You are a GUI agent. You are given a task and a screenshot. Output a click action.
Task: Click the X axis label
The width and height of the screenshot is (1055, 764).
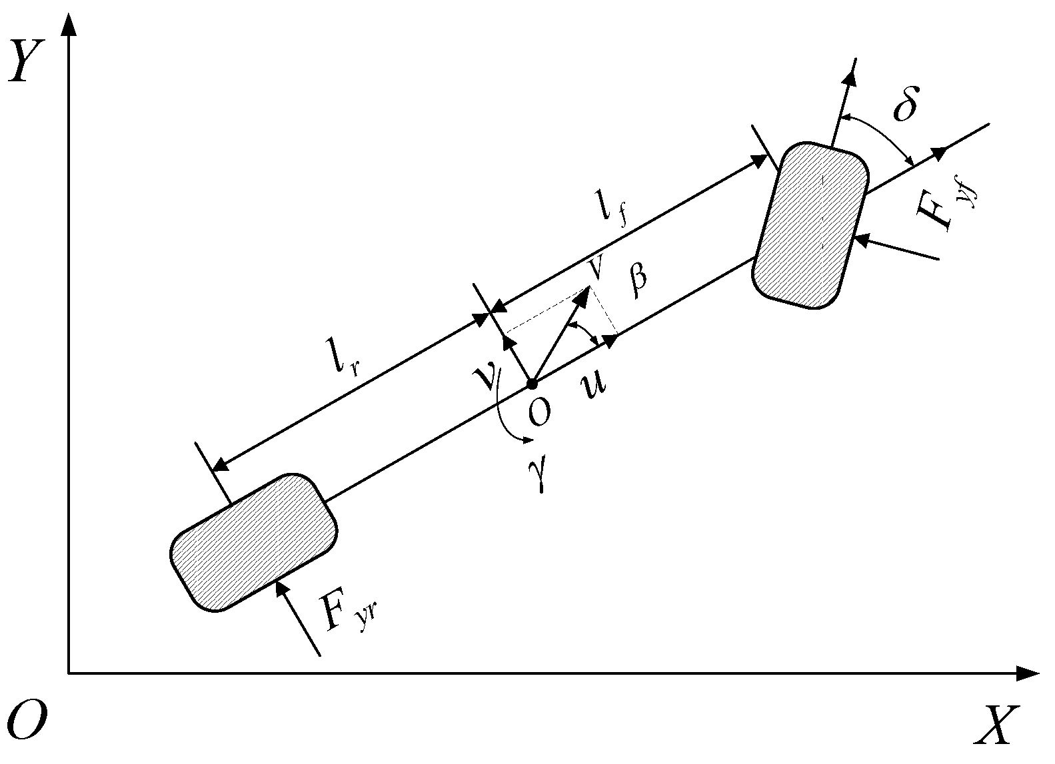click(997, 725)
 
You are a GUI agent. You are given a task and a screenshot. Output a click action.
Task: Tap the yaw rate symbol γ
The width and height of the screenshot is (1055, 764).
click(543, 476)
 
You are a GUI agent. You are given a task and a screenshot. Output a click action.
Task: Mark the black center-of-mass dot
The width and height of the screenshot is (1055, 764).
click(532, 384)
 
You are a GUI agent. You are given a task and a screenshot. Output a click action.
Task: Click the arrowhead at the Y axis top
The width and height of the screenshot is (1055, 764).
click(68, 25)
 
